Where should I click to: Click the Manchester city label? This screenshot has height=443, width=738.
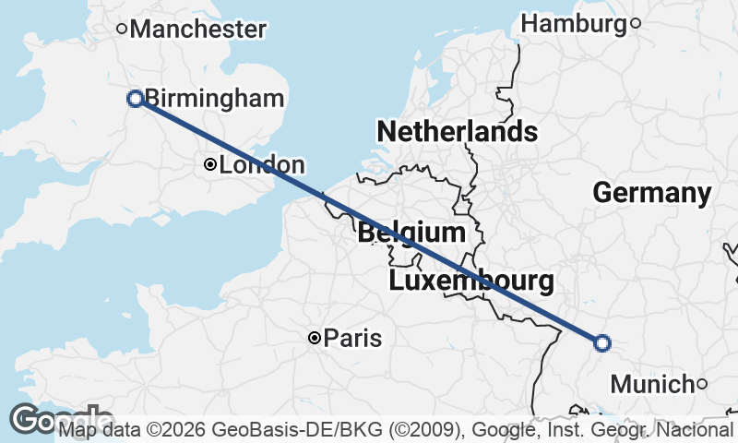click(198, 29)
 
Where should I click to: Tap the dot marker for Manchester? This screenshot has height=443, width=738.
click(122, 29)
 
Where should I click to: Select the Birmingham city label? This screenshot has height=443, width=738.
click(217, 98)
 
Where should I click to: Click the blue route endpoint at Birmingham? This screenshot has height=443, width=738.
click(136, 99)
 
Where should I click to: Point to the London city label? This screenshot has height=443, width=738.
click(262, 165)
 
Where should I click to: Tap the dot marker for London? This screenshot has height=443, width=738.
click(210, 165)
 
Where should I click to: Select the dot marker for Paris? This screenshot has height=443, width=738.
click(315, 339)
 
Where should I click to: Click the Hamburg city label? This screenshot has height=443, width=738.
click(574, 23)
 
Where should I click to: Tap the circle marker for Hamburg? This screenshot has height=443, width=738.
click(635, 24)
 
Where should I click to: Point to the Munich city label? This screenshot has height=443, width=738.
click(652, 384)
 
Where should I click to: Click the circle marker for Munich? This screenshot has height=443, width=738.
click(702, 384)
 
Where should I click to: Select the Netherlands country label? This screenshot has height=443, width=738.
click(457, 131)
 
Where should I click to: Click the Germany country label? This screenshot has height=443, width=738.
click(651, 193)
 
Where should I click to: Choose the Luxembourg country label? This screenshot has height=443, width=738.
click(470, 281)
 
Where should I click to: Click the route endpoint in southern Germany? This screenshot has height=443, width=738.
click(602, 343)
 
